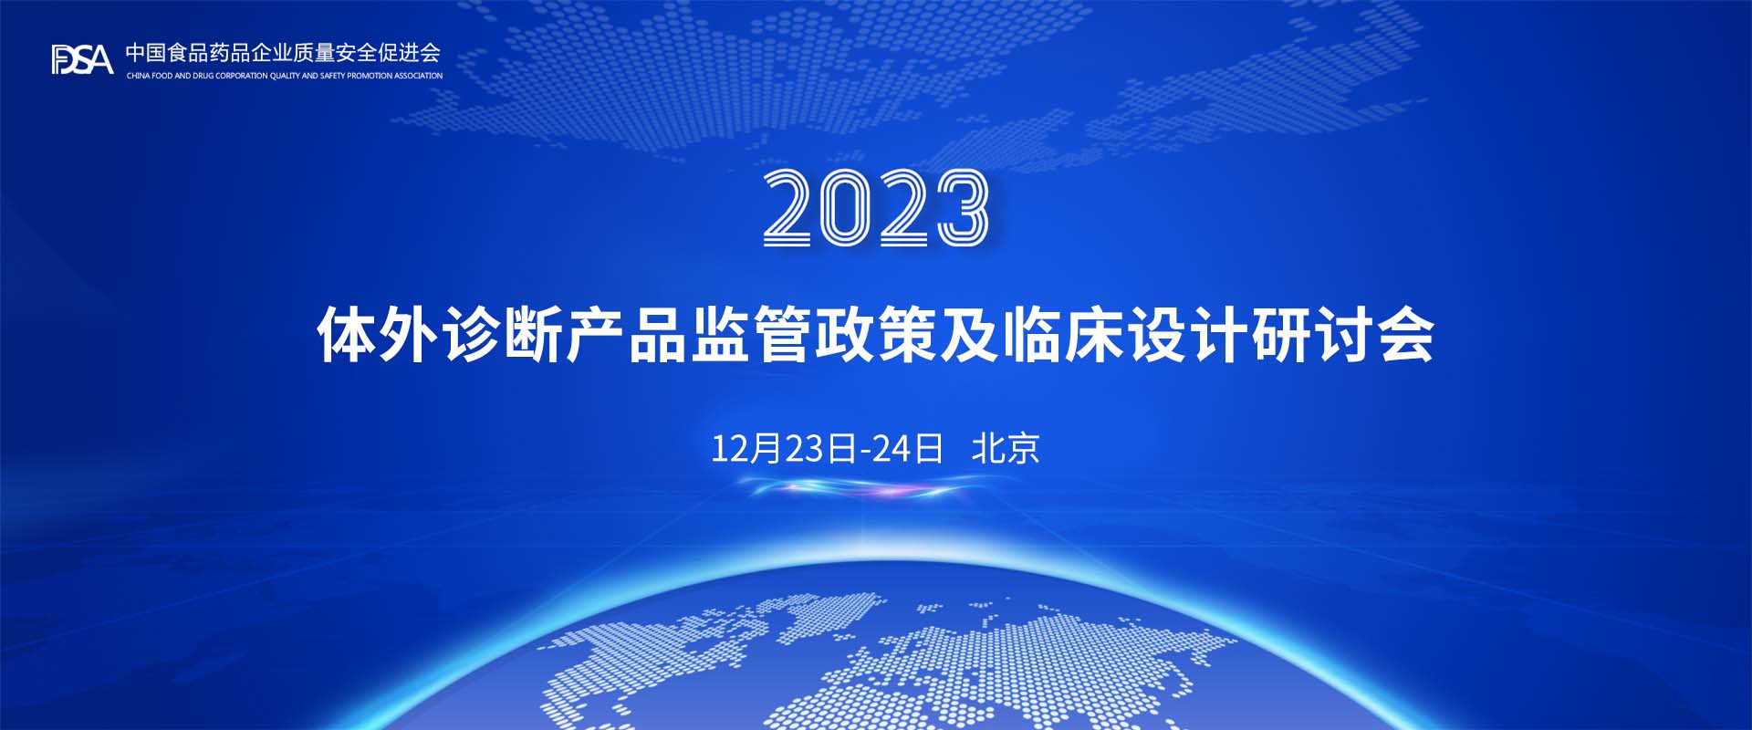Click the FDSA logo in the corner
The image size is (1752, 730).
coord(82,59)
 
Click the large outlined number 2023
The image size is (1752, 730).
coord(876,207)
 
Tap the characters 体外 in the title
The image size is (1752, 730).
coord(379,335)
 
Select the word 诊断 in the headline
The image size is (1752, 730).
coord(504,335)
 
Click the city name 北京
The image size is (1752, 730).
coord(1006,448)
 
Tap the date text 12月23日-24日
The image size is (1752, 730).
coord(827,448)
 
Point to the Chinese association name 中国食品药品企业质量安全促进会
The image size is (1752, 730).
coord(283,53)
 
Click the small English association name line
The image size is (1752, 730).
coord(285,76)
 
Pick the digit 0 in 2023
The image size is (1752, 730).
coord(847,207)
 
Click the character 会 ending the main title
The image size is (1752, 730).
coord(1405,335)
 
